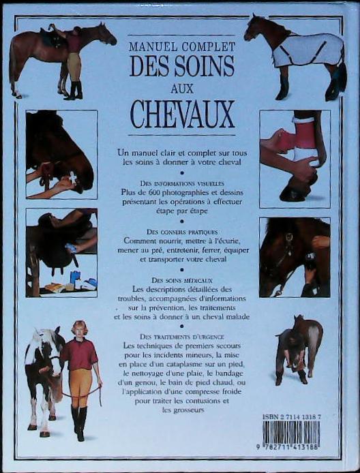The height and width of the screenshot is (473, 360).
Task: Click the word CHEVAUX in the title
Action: tap(181, 114)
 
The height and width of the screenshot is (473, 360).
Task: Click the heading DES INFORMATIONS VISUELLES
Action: tap(182, 183)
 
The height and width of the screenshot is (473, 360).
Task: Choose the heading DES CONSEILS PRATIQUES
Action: tap(182, 232)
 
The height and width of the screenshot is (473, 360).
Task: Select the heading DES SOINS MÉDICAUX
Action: tap(181, 280)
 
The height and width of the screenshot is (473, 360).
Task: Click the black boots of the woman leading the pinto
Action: tap(78, 419)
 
